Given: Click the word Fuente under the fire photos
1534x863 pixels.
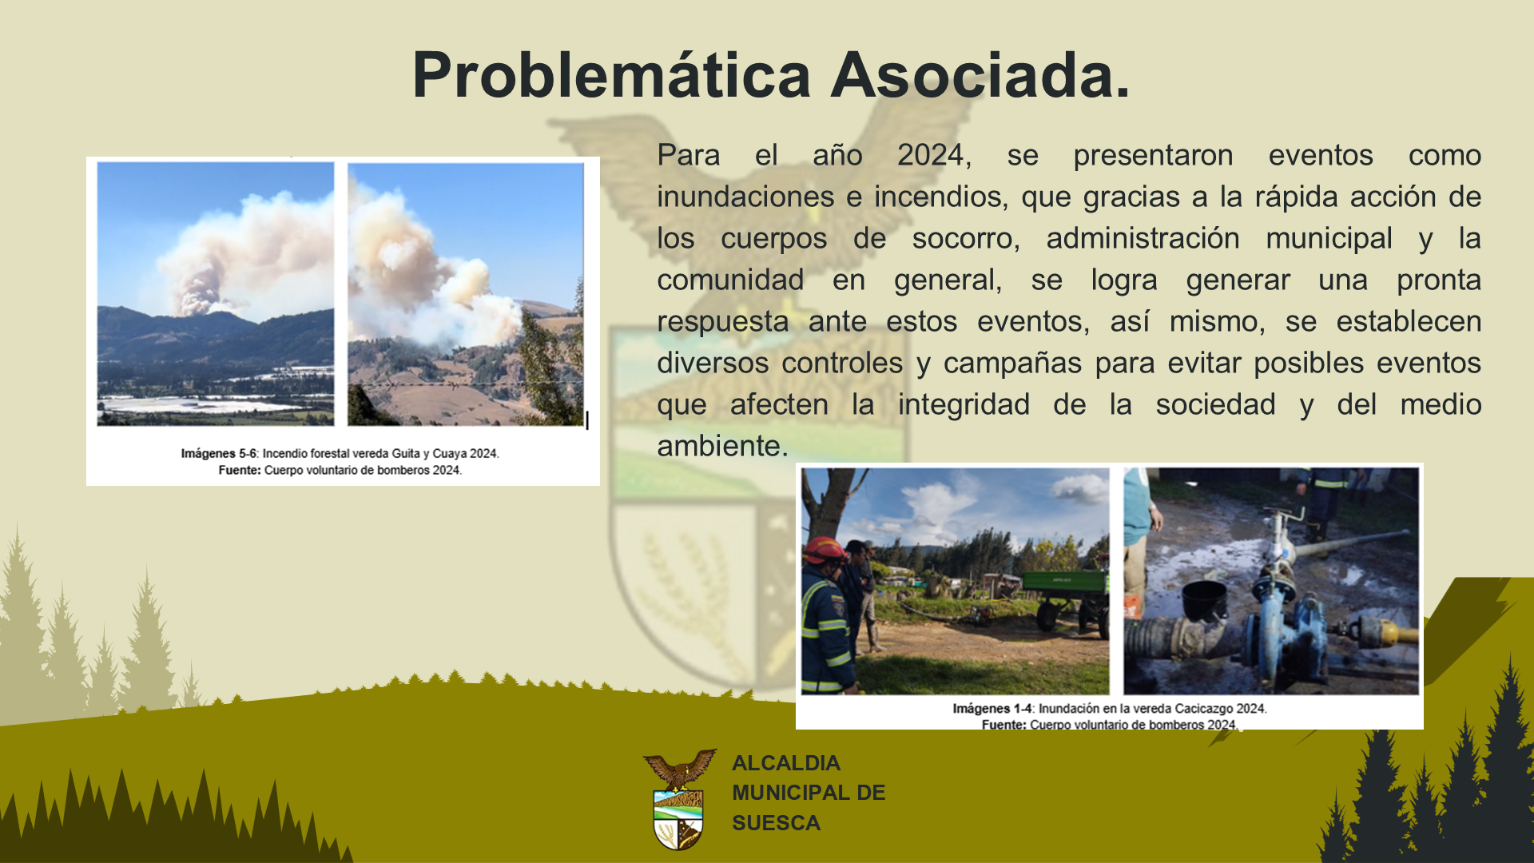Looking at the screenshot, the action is (239, 471).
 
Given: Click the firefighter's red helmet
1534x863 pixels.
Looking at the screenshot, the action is (824, 550).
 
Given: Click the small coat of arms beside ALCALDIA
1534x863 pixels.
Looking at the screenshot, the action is (679, 799).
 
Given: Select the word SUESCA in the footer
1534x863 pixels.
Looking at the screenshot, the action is (776, 823).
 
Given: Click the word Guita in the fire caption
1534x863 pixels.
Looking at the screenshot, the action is (406, 454).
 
